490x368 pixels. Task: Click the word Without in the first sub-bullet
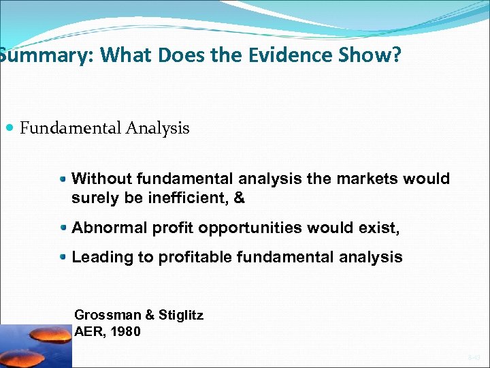[101, 179]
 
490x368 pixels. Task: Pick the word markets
[366, 179]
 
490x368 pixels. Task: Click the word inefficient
[184, 198]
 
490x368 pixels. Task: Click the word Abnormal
[108, 228]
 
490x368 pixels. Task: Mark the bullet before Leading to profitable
[63, 258]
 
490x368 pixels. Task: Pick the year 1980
[127, 332]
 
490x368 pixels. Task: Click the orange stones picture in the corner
[35, 346]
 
